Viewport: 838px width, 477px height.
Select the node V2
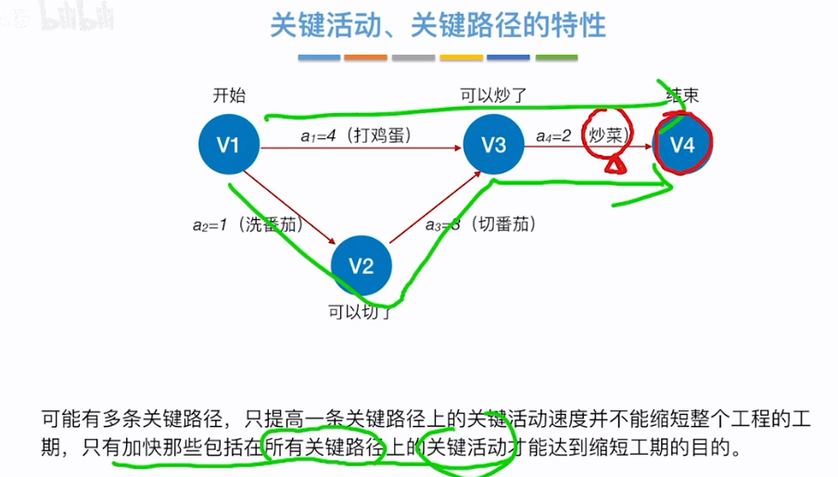362,266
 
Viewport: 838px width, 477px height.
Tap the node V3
494,145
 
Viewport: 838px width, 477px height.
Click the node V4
682,145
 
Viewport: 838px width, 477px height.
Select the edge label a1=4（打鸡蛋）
356,135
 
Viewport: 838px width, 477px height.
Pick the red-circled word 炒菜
608,135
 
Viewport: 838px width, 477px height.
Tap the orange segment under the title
365,58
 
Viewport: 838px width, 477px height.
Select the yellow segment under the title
461,58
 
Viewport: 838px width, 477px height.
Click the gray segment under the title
413,58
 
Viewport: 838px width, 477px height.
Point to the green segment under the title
556,58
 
